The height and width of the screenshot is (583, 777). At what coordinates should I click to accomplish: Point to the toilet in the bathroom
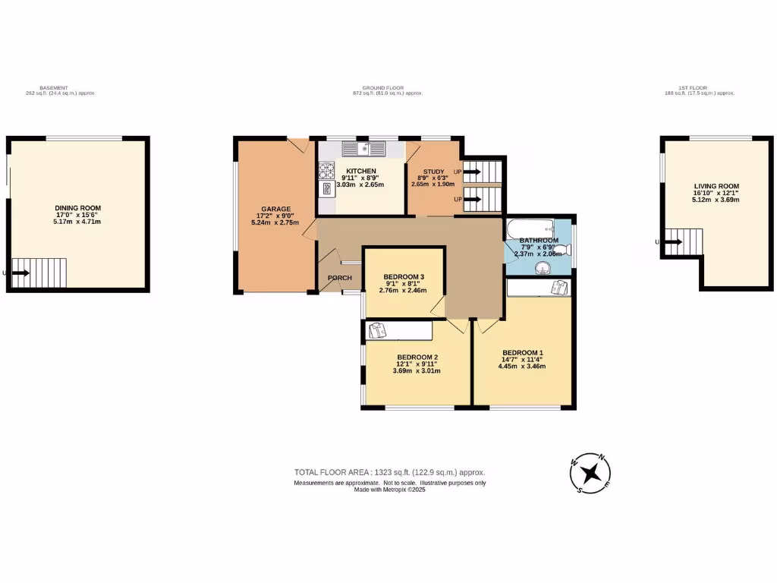point(561,249)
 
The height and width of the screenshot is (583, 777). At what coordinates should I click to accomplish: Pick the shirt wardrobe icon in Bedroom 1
point(560,287)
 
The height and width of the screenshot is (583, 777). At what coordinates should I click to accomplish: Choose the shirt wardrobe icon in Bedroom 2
point(377,330)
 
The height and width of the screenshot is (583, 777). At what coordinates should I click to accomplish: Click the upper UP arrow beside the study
point(472,172)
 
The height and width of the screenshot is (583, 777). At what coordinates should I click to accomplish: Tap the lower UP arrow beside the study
point(472,200)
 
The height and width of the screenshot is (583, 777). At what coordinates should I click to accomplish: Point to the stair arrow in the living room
point(672,242)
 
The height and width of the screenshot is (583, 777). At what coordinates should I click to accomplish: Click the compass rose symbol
point(591,474)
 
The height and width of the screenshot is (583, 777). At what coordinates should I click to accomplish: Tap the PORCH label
point(339,278)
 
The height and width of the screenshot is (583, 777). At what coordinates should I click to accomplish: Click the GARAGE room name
point(276,210)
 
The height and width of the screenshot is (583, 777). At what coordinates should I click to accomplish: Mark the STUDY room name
point(433,172)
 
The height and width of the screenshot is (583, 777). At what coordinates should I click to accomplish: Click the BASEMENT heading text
point(60,88)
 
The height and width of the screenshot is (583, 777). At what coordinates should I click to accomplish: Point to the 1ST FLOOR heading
point(700,88)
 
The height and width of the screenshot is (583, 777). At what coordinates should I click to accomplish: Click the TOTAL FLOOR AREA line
point(389,472)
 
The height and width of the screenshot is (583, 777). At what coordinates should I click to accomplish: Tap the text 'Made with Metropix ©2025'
point(390,490)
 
